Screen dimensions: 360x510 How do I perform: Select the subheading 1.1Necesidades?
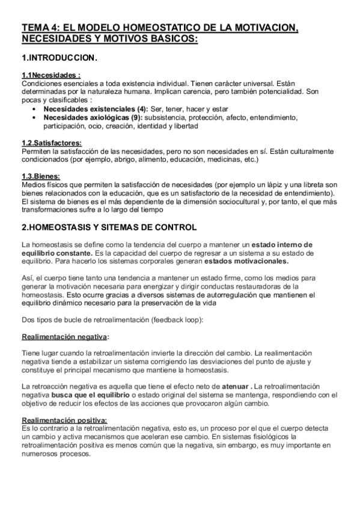(51, 75)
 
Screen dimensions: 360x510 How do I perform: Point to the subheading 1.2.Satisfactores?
(51, 143)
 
